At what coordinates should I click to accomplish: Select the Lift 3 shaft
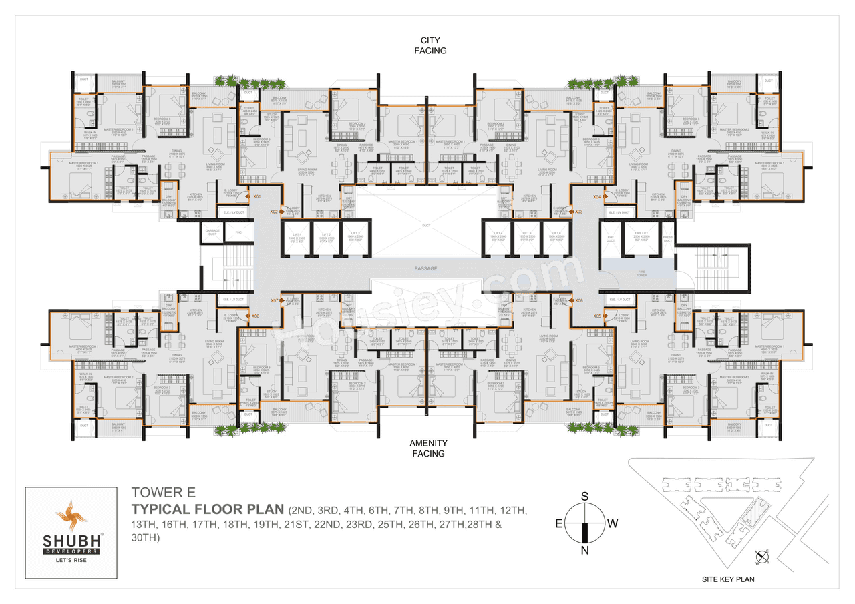[x=354, y=238]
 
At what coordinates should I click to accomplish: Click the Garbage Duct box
[x=212, y=232]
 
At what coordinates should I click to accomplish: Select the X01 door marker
[x=255, y=197]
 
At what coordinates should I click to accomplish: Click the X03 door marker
[x=579, y=212]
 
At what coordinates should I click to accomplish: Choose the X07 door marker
[x=275, y=301]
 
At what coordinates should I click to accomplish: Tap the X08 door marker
[x=255, y=316]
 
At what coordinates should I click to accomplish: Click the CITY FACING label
[x=430, y=45]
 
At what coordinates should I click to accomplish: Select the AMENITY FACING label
[x=428, y=448]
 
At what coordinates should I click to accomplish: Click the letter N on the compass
[x=585, y=550]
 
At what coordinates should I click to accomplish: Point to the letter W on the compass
[x=613, y=523]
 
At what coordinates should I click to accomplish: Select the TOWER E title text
[x=159, y=493]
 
